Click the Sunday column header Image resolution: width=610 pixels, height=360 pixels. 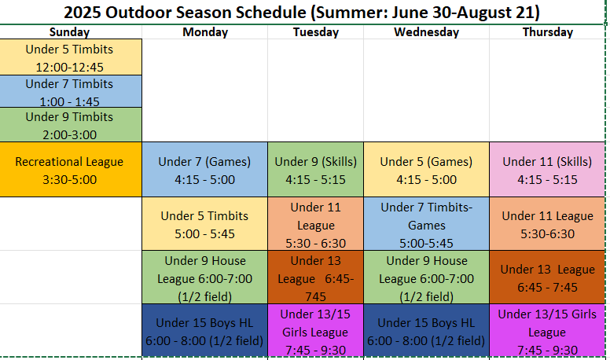pyautogui.click(x=69, y=32)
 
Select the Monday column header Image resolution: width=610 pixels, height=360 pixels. pyautogui.click(x=205, y=32)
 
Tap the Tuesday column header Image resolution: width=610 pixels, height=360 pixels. pyautogui.click(x=315, y=32)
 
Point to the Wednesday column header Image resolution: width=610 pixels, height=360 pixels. pyautogui.click(x=426, y=32)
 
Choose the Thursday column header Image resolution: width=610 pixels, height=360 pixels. pyautogui.click(x=547, y=32)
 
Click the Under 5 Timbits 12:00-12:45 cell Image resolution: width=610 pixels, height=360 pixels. pyautogui.click(x=71, y=57)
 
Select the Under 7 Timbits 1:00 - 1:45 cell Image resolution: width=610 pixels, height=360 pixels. pyautogui.click(x=71, y=91)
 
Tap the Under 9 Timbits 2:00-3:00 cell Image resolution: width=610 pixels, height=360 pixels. pyautogui.click(x=71, y=125)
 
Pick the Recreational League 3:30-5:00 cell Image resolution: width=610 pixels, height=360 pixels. pyautogui.click(x=71, y=170)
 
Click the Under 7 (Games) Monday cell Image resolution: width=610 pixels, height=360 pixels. pyautogui.click(x=204, y=170)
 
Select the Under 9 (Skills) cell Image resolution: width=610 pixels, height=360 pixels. pyautogui.click(x=315, y=170)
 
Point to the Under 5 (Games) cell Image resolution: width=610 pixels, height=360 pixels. pyautogui.click(x=426, y=170)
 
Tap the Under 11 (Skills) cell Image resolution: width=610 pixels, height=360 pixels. pyautogui.click(x=547, y=170)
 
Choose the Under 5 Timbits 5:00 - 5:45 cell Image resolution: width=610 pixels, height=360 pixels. pyautogui.click(x=204, y=224)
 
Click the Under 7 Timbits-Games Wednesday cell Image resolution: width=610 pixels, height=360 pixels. pyautogui.click(x=426, y=224)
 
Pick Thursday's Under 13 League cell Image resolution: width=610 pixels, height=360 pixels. pyautogui.click(x=547, y=277)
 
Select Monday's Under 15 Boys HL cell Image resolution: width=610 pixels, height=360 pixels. pyautogui.click(x=204, y=330)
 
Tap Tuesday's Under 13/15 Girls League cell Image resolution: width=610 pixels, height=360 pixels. pyautogui.click(x=315, y=330)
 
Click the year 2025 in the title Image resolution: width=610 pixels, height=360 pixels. pyautogui.click(x=82, y=13)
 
